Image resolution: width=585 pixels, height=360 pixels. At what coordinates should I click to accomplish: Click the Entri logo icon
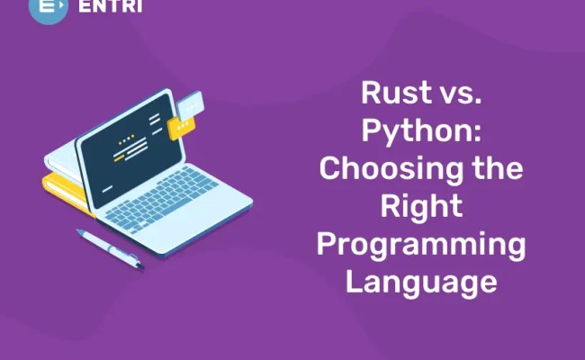pos(47,8)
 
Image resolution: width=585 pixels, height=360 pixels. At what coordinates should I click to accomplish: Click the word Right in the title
pos(420,206)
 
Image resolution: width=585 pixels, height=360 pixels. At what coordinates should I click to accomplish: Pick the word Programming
pos(420,245)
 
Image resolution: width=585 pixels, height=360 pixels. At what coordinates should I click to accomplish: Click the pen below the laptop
pos(108,247)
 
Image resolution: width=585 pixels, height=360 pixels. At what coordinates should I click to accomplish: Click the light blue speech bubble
pos(191,108)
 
